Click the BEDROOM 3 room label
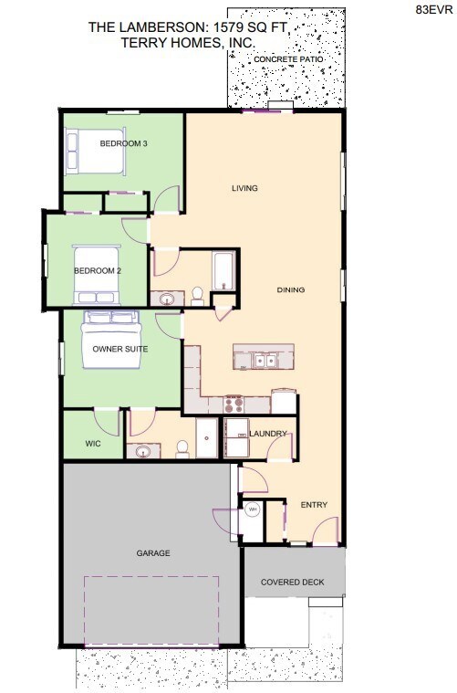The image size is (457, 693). click(x=124, y=144)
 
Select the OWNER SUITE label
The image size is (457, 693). click(x=120, y=349)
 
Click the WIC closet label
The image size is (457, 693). click(x=92, y=444)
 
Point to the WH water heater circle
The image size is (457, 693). click(x=252, y=509)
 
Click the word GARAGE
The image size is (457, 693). click(x=153, y=552)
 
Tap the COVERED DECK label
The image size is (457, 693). click(x=294, y=582)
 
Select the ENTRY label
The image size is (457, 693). click(x=314, y=505)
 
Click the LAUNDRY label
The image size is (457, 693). click(x=268, y=433)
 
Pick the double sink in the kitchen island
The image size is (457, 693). click(x=265, y=361)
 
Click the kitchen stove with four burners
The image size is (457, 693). click(x=233, y=403)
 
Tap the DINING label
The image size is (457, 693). click(x=291, y=290)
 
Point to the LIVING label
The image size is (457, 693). click(x=244, y=188)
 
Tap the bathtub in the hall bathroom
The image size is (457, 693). click(x=223, y=271)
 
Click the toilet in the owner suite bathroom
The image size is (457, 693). click(x=182, y=447)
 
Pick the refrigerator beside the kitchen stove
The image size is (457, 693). click(x=284, y=401)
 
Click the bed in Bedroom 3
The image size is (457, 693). click(x=93, y=151)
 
